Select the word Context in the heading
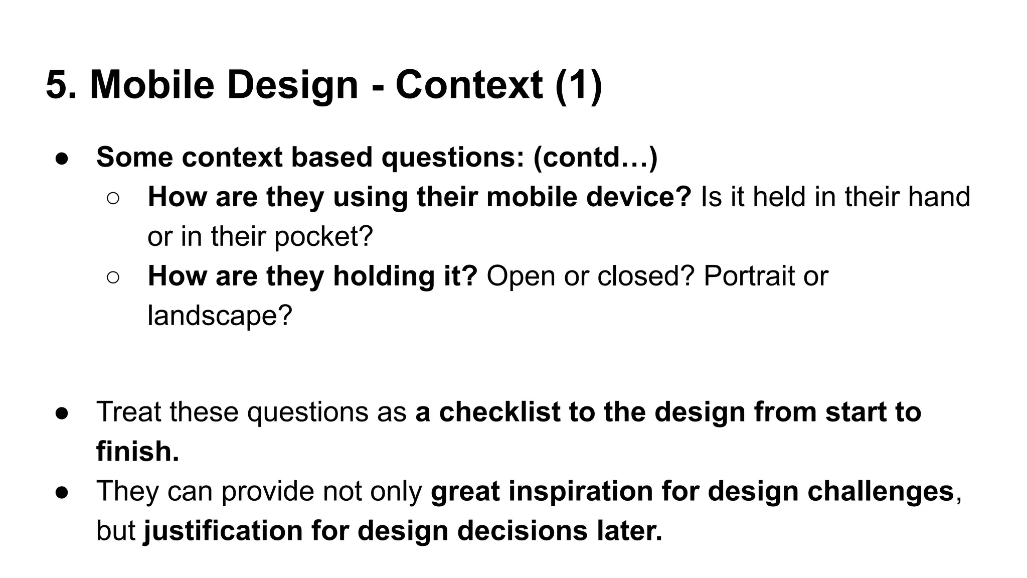point(469,85)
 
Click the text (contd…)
point(595,157)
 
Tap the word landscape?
point(220,316)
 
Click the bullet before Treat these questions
point(62,413)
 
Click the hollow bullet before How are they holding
point(113,277)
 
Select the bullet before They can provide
point(62,492)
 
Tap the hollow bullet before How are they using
point(113,198)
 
